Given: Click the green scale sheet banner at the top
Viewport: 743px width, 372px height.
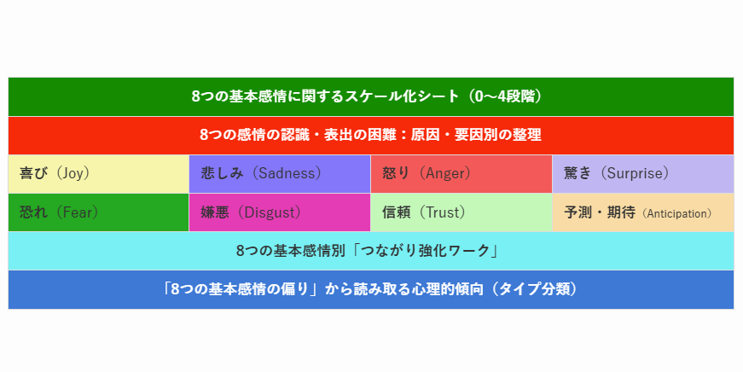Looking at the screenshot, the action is [x=371, y=96].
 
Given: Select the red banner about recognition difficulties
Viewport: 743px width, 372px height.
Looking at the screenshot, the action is [x=371, y=136].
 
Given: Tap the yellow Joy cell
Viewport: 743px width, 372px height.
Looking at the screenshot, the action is [x=99, y=174].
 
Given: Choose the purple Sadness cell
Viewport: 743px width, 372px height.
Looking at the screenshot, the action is [x=280, y=174].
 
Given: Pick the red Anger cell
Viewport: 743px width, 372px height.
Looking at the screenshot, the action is [x=461, y=174].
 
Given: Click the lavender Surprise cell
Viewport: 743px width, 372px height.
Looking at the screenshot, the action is [x=643, y=174].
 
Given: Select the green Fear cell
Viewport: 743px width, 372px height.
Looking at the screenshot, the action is [x=99, y=212].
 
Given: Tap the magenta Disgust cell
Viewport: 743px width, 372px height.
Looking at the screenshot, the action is [x=280, y=212].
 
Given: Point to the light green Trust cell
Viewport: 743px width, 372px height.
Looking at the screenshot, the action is [x=461, y=212].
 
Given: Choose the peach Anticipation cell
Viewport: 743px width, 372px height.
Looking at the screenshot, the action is [x=643, y=212].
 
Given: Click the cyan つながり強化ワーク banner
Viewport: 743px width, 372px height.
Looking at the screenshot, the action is [x=371, y=251].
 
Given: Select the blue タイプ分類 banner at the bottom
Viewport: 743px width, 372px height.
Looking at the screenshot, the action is [x=371, y=289].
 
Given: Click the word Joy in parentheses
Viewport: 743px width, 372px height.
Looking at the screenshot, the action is [x=73, y=173].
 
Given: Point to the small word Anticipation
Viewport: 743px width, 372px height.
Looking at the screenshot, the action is [x=676, y=213].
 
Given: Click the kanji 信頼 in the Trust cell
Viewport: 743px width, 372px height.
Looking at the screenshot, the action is [x=396, y=212].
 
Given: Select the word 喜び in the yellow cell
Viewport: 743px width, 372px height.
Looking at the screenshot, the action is [x=33, y=173].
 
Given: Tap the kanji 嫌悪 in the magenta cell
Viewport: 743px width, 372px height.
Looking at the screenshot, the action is [x=215, y=212].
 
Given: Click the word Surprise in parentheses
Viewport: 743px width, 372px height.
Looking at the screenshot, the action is [x=635, y=173].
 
